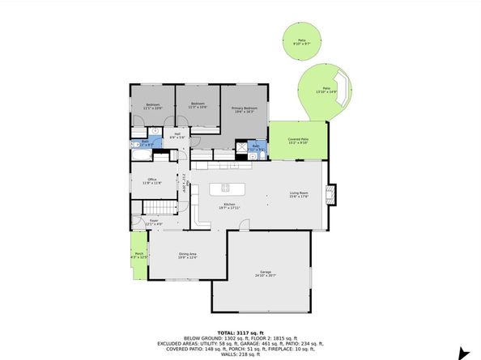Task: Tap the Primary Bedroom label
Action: [244, 110]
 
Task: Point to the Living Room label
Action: [300, 194]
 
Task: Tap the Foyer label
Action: [154, 222]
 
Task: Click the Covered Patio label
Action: [298, 141]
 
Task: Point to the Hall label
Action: [177, 136]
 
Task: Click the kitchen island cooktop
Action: [223, 188]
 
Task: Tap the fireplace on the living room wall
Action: [330, 193]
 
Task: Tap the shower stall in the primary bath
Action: [240, 147]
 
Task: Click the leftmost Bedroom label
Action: [153, 105]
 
